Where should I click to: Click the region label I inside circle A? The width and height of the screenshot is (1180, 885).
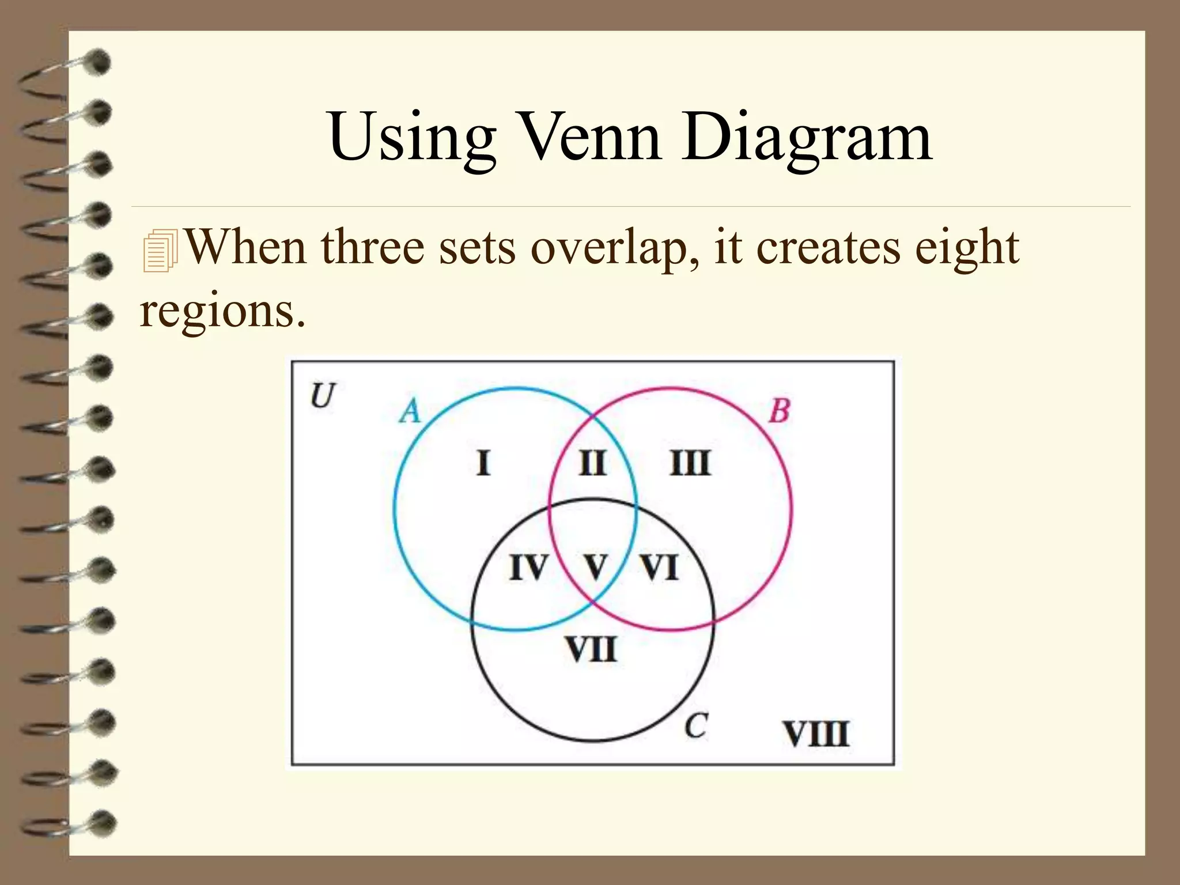tap(484, 463)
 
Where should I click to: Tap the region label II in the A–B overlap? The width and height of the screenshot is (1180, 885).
tap(592, 463)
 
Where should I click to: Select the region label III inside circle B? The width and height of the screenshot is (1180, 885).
tap(690, 463)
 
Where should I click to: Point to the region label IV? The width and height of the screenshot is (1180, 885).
tap(528, 568)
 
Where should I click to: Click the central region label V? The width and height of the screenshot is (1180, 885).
tap(596, 567)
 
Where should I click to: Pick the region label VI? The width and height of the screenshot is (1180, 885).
tap(660, 568)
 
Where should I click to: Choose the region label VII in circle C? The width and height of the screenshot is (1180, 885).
tap(591, 650)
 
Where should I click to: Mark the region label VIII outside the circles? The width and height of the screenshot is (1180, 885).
tap(816, 734)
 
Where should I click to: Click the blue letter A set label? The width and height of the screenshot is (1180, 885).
tap(410, 411)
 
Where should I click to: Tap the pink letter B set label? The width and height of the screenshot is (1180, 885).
tap(779, 411)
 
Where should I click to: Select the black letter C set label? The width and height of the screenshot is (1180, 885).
tap(696, 726)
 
